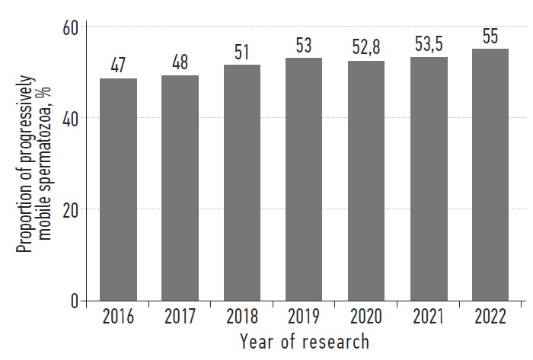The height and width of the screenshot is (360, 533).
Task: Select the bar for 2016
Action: (x=118, y=190)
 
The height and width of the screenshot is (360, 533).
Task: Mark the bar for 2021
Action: (x=428, y=179)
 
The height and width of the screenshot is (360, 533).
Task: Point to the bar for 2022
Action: (x=490, y=175)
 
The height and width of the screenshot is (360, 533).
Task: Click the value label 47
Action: (x=118, y=65)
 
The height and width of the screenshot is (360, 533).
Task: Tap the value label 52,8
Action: (x=366, y=46)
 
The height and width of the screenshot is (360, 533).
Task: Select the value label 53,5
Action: (x=428, y=43)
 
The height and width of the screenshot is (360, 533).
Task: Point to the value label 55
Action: (x=490, y=35)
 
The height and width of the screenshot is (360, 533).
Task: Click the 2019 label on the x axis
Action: (x=304, y=316)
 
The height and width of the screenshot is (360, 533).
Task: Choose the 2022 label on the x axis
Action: (x=490, y=316)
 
